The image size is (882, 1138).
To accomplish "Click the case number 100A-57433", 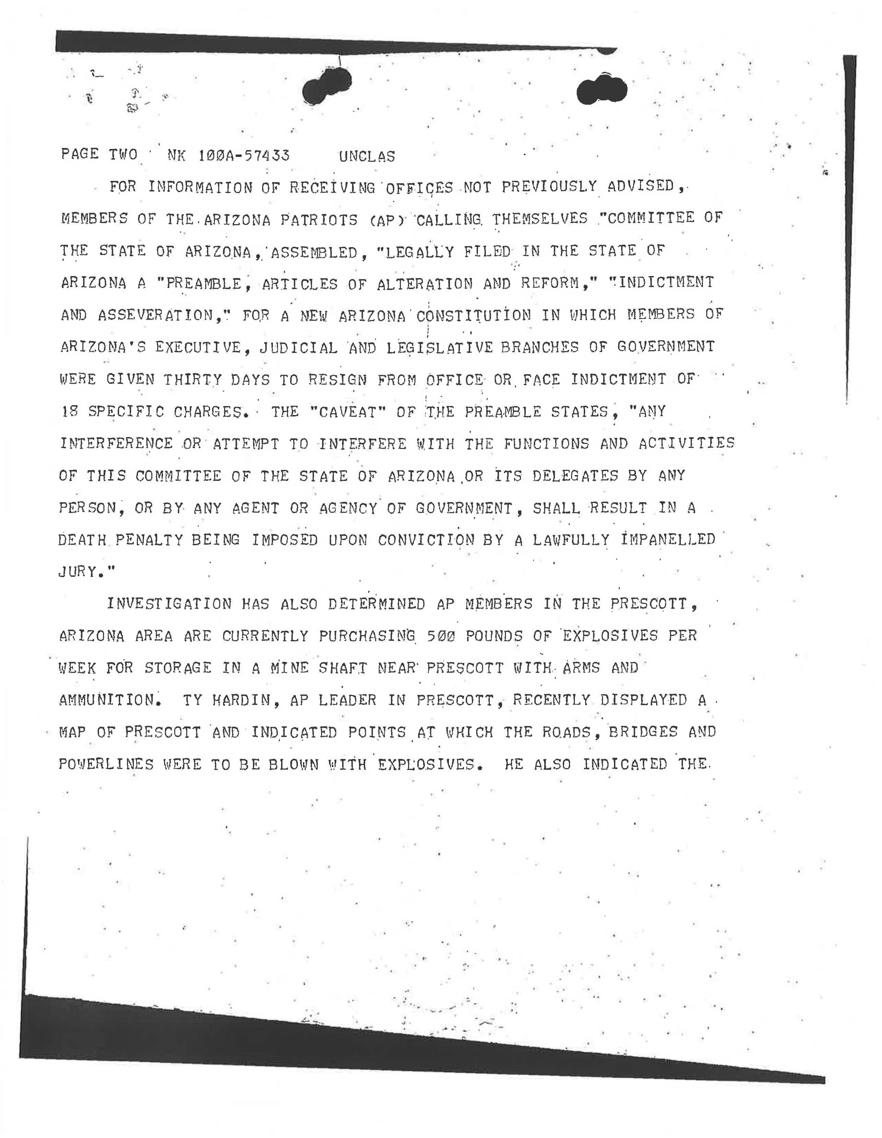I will [244, 156].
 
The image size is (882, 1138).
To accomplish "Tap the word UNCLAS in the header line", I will [367, 156].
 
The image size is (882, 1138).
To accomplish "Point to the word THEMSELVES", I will [540, 218].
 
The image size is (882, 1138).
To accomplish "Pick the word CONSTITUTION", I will [474, 315].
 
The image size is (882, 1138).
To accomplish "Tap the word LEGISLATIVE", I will [439, 347].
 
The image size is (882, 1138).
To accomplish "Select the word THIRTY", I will [193, 380].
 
